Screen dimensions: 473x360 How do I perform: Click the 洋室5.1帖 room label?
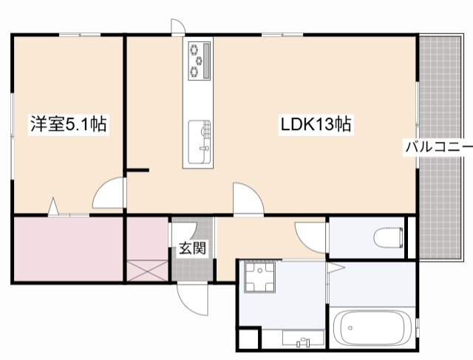tap(69, 124)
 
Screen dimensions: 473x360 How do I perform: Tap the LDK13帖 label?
tap(316, 124)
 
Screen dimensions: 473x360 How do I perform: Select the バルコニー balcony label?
tap(439, 147)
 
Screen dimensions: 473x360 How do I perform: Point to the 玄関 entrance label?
tap(192, 248)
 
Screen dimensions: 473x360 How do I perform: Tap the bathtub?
tap(372, 328)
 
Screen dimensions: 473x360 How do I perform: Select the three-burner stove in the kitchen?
tap(199, 61)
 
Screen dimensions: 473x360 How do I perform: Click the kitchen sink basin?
tap(199, 142)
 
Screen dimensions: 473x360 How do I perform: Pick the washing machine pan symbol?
tap(259, 277)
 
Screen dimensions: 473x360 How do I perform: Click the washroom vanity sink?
tap(303, 339)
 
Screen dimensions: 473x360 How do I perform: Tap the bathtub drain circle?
tap(350, 328)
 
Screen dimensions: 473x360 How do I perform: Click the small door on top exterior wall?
tap(178, 27)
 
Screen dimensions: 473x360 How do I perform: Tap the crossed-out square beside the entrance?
tap(147, 271)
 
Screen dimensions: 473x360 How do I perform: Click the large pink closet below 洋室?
tap(69, 248)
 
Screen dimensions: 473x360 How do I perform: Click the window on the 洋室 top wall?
tap(80, 35)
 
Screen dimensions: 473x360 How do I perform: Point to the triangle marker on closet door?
tap(53, 206)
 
